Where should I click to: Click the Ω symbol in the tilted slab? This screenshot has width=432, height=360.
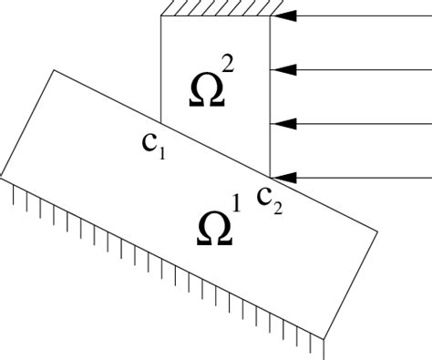[x=214, y=229]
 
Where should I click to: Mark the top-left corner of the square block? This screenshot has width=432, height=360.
[x=160, y=15]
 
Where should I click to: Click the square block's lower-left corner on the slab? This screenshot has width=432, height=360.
[x=160, y=121]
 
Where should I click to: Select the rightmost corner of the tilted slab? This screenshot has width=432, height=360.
[x=378, y=231]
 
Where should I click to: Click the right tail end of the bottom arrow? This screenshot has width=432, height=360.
[x=430, y=176]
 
